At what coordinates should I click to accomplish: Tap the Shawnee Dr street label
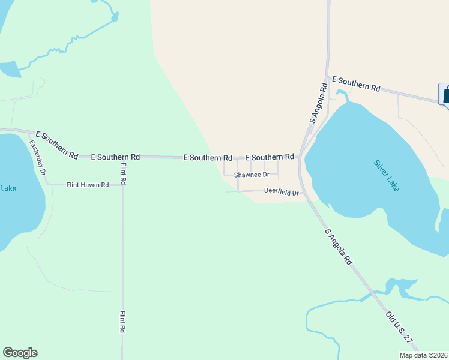coord(252,175)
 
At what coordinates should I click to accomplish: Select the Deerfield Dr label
coord(281,191)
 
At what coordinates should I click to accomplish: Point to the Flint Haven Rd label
coord(88,185)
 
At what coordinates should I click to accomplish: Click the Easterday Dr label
coord(38,157)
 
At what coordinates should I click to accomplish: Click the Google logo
coord(20,353)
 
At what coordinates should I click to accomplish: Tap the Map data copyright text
coord(423,355)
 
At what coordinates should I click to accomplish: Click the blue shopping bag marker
coord(445,94)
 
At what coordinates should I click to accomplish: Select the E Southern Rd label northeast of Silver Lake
coord(356,83)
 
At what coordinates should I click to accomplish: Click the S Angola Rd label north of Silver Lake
coord(318,103)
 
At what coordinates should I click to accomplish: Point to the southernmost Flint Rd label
coord(122,321)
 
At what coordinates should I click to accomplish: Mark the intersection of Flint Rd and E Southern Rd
coord(123,157)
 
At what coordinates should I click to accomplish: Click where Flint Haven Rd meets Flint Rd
coord(123,185)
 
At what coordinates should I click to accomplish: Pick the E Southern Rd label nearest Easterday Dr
coord(57,145)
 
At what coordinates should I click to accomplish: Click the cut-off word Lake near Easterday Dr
coord(8,188)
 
